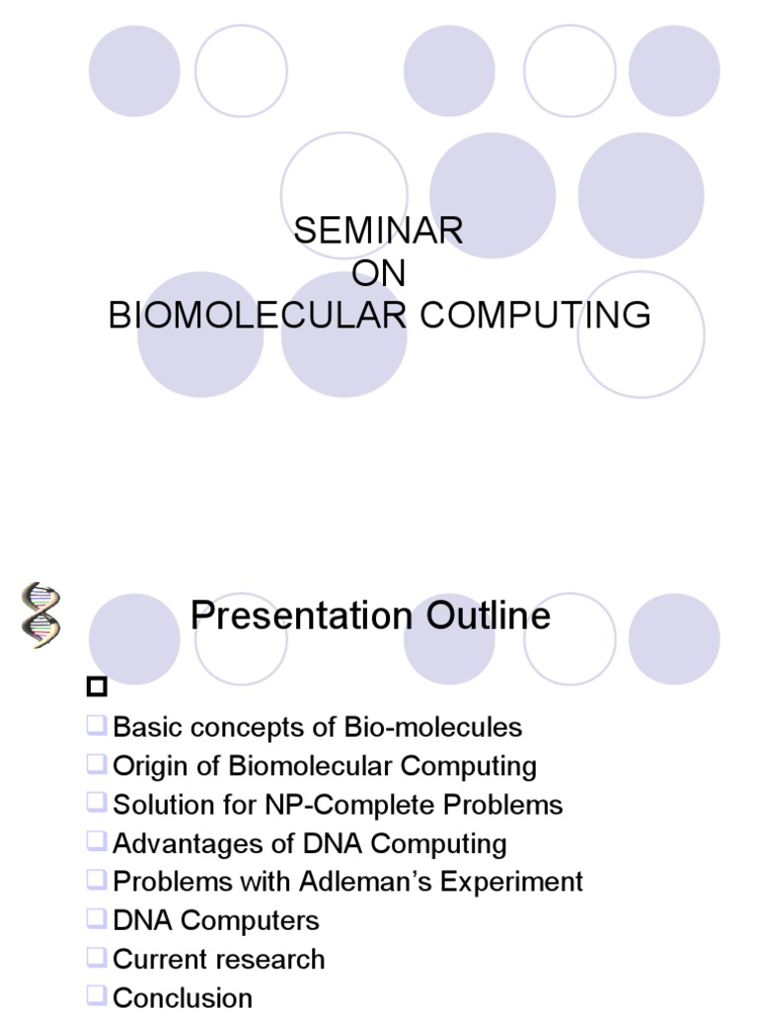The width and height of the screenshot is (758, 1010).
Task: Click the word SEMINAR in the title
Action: click(x=378, y=231)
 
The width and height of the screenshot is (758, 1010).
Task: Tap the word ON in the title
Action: click(x=378, y=273)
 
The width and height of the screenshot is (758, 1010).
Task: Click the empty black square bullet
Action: click(x=96, y=686)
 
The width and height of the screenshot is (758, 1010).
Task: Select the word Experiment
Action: click(x=520, y=882)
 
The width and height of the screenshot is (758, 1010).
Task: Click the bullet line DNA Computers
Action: click(x=216, y=920)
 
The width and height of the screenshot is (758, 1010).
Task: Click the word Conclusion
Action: click(x=183, y=997)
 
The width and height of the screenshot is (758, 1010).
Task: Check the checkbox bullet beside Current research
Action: click(x=96, y=957)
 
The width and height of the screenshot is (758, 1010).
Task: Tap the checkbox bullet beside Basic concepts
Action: click(x=96, y=726)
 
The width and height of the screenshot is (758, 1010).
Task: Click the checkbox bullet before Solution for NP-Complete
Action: click(x=96, y=803)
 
